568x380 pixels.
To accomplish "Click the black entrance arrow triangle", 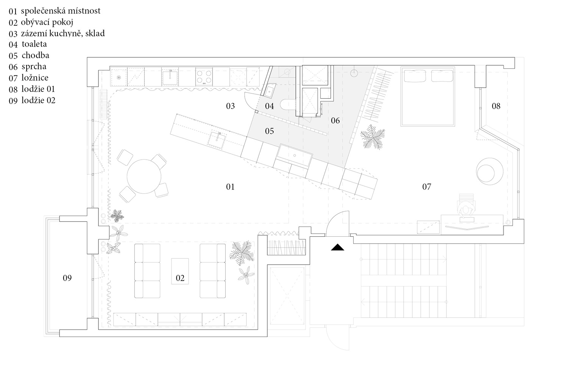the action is click(x=337, y=247).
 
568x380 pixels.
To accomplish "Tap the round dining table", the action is click(x=144, y=176).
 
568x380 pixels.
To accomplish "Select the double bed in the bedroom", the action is click(x=428, y=96).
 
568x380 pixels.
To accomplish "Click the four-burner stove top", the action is click(x=204, y=77).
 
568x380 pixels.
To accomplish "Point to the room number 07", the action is click(x=426, y=187).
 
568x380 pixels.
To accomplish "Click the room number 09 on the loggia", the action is click(x=67, y=278).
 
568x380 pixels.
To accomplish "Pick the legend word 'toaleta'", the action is click(x=34, y=44).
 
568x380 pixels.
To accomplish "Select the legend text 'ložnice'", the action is click(x=35, y=77).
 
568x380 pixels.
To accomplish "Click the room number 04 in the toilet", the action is click(x=269, y=106).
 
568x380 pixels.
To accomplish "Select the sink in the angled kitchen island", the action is click(x=217, y=140).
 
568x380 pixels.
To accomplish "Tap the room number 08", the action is click(x=496, y=106).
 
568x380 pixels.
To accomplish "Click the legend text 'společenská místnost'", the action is click(x=61, y=11).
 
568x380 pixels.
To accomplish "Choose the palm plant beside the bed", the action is click(x=373, y=137).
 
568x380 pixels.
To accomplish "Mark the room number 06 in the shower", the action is click(x=335, y=120).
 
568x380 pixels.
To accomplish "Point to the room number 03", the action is click(x=230, y=106).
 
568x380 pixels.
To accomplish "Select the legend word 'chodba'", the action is click(x=36, y=55).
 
